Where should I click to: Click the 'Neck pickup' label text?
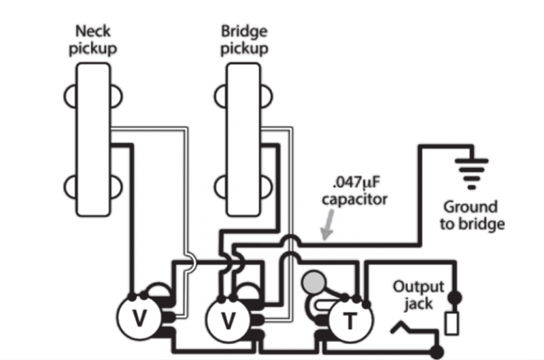[92, 40]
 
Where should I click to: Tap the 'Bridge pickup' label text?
[244, 40]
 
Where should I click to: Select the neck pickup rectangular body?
[93, 140]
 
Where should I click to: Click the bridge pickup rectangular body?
[243, 140]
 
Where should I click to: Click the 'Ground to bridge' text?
[472, 216]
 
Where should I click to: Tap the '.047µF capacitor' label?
[354, 191]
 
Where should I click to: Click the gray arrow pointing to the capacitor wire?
[328, 225]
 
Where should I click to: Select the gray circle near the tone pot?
[314, 282]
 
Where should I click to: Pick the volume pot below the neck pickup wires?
[139, 318]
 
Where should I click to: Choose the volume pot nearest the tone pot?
[228, 319]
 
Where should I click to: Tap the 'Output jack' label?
[419, 295]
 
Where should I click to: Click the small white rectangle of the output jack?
[452, 323]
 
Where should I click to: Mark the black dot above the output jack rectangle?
[455, 297]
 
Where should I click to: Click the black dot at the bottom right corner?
[437, 352]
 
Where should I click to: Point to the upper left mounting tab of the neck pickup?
[70, 96]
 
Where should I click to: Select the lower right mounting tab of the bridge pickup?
[266, 187]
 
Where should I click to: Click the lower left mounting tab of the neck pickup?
[70, 187]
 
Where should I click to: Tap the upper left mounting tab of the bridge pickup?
[220, 96]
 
